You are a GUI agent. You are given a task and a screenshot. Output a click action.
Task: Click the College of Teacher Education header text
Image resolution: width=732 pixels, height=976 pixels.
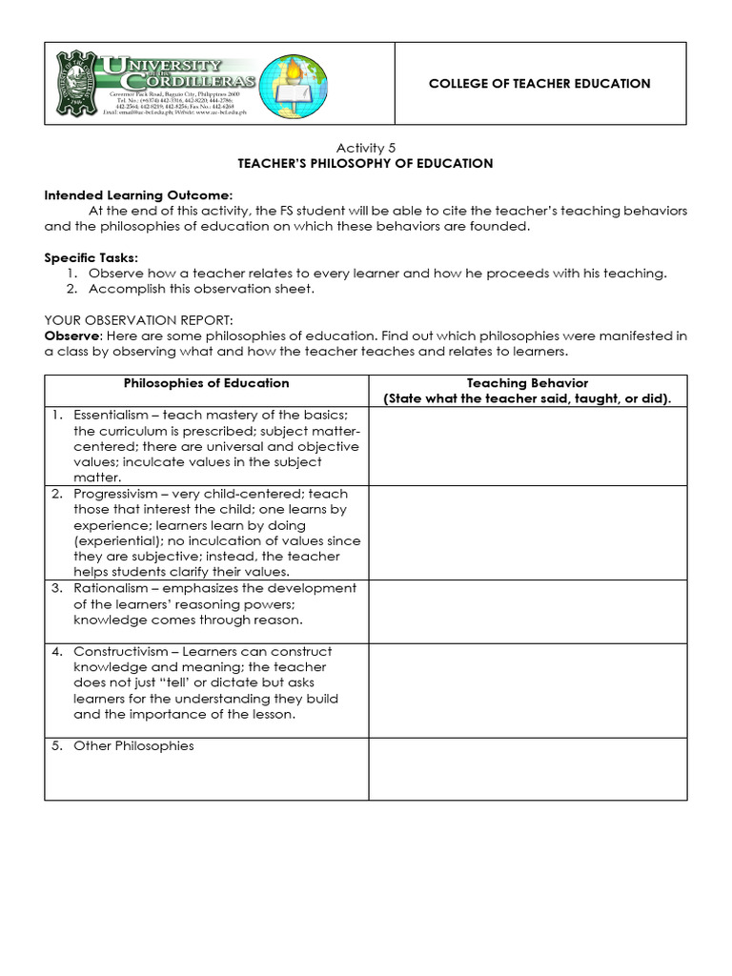(539, 84)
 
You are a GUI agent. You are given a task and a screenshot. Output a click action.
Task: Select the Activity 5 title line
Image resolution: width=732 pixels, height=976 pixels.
(365, 147)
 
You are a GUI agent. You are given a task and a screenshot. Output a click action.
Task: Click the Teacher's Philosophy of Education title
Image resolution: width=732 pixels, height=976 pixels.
(365, 163)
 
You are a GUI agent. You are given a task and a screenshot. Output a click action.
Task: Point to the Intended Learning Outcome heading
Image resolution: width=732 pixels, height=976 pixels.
(138, 194)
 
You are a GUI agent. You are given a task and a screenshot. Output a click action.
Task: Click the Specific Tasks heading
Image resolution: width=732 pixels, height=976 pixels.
(91, 257)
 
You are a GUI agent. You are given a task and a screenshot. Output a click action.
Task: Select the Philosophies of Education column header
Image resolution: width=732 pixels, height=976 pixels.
(207, 383)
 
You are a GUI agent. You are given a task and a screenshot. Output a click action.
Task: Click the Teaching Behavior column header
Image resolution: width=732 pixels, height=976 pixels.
(527, 383)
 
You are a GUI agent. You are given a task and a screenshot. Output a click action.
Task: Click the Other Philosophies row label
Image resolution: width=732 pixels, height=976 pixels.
(133, 745)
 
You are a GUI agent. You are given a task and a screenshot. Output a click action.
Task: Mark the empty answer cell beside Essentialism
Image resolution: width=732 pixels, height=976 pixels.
(527, 446)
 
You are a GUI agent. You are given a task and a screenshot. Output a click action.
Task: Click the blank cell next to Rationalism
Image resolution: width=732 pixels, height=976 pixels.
(527, 610)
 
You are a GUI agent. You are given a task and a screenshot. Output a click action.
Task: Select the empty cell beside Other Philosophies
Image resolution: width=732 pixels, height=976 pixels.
(527, 768)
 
